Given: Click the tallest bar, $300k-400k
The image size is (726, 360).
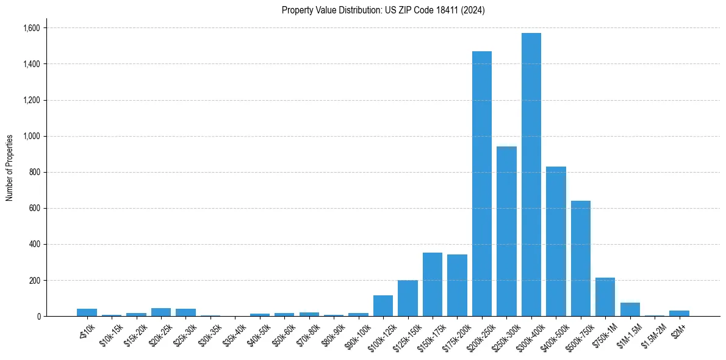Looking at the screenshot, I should click(x=531, y=177).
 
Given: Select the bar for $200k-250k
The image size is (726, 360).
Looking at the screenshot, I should click(x=482, y=183).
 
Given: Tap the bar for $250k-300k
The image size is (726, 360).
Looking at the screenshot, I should click(x=506, y=232).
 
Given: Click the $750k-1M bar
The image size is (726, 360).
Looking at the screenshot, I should click(x=605, y=297).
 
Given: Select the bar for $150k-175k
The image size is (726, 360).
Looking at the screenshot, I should click(x=433, y=284).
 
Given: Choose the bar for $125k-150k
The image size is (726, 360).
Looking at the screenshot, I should click(x=408, y=298).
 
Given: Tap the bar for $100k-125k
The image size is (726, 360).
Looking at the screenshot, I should click(x=383, y=306).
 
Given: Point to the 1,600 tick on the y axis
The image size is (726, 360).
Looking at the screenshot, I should click(x=32, y=28).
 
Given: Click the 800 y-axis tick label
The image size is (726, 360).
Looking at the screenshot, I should click(x=35, y=172).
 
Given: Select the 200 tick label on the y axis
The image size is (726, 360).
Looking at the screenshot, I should click(x=35, y=281).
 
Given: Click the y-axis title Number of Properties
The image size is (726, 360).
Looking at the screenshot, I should click(x=10, y=168).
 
